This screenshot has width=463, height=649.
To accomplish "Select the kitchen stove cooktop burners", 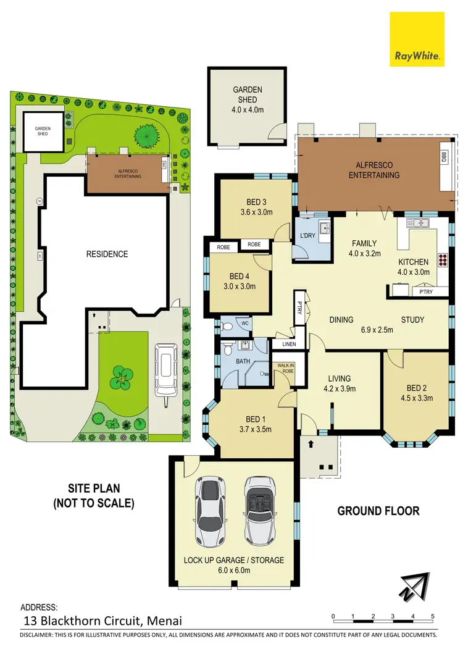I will (x=443, y=259).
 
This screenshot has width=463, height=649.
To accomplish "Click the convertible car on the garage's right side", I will (x=258, y=509).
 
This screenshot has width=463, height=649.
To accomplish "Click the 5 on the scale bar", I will (x=433, y=616).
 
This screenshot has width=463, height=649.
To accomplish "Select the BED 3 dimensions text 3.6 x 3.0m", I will (x=251, y=212).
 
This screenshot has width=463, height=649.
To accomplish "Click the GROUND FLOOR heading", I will (x=378, y=511).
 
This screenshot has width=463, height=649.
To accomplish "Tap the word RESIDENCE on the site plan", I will (x=107, y=254).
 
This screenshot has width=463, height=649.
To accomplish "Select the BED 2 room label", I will (x=416, y=388).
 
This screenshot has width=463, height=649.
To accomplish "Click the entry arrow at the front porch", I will (x=311, y=443).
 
